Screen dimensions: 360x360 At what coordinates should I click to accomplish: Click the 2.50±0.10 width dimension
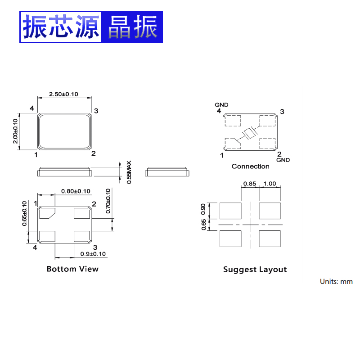63,94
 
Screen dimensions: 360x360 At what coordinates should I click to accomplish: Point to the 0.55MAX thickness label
129,172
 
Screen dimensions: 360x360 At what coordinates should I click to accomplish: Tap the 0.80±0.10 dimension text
75,191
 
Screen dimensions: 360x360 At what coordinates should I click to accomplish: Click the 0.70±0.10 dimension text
108,201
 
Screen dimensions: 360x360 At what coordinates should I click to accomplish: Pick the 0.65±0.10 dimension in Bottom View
25,213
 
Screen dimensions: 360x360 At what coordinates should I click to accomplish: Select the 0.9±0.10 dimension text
93,254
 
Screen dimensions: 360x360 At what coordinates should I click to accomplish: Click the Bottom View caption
72,269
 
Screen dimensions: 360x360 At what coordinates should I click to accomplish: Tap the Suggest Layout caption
255,270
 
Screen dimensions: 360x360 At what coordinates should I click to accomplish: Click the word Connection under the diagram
250,166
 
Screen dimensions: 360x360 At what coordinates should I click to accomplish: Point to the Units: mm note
336,282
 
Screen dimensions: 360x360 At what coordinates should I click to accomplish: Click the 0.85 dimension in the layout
250,184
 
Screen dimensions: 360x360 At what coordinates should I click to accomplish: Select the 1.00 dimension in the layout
270,184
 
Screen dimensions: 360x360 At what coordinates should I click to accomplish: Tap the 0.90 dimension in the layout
203,210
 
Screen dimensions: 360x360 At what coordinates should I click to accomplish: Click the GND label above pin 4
221,105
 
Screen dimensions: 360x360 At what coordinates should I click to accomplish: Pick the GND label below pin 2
283,160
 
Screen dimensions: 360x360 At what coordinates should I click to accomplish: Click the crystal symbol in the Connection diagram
249,133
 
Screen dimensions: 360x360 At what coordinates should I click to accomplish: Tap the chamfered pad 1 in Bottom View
46,212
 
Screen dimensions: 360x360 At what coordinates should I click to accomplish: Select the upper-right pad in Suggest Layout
270,210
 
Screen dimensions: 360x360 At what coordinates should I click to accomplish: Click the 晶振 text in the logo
131,27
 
